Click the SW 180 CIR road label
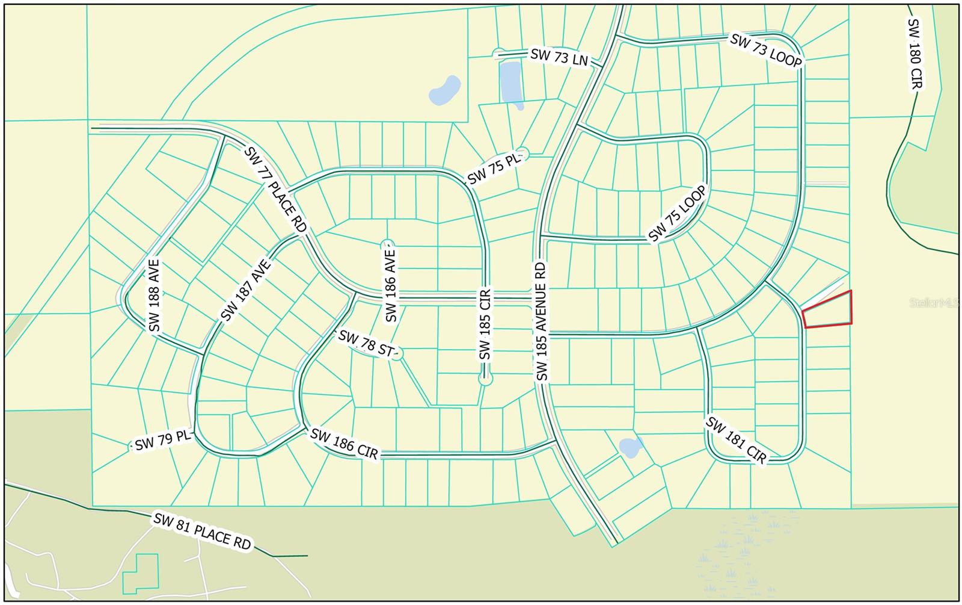915,54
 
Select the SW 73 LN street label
559,57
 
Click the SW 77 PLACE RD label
275,188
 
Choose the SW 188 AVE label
155,295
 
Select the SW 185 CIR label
486,324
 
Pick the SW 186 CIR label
345,444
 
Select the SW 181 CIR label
737,441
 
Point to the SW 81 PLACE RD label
202,530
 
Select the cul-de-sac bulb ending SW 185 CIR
486,379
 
